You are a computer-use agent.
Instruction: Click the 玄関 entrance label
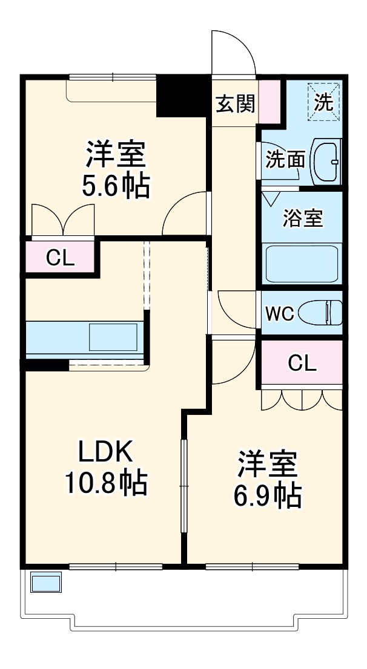(236, 104)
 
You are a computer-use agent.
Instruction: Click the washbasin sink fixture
(326, 161)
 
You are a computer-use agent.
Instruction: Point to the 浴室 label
(302, 218)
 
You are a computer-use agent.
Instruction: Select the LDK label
(104, 452)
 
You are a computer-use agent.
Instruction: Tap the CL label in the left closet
(61, 258)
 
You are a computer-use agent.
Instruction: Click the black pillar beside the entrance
(182, 94)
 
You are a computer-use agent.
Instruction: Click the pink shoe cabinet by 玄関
(271, 101)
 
